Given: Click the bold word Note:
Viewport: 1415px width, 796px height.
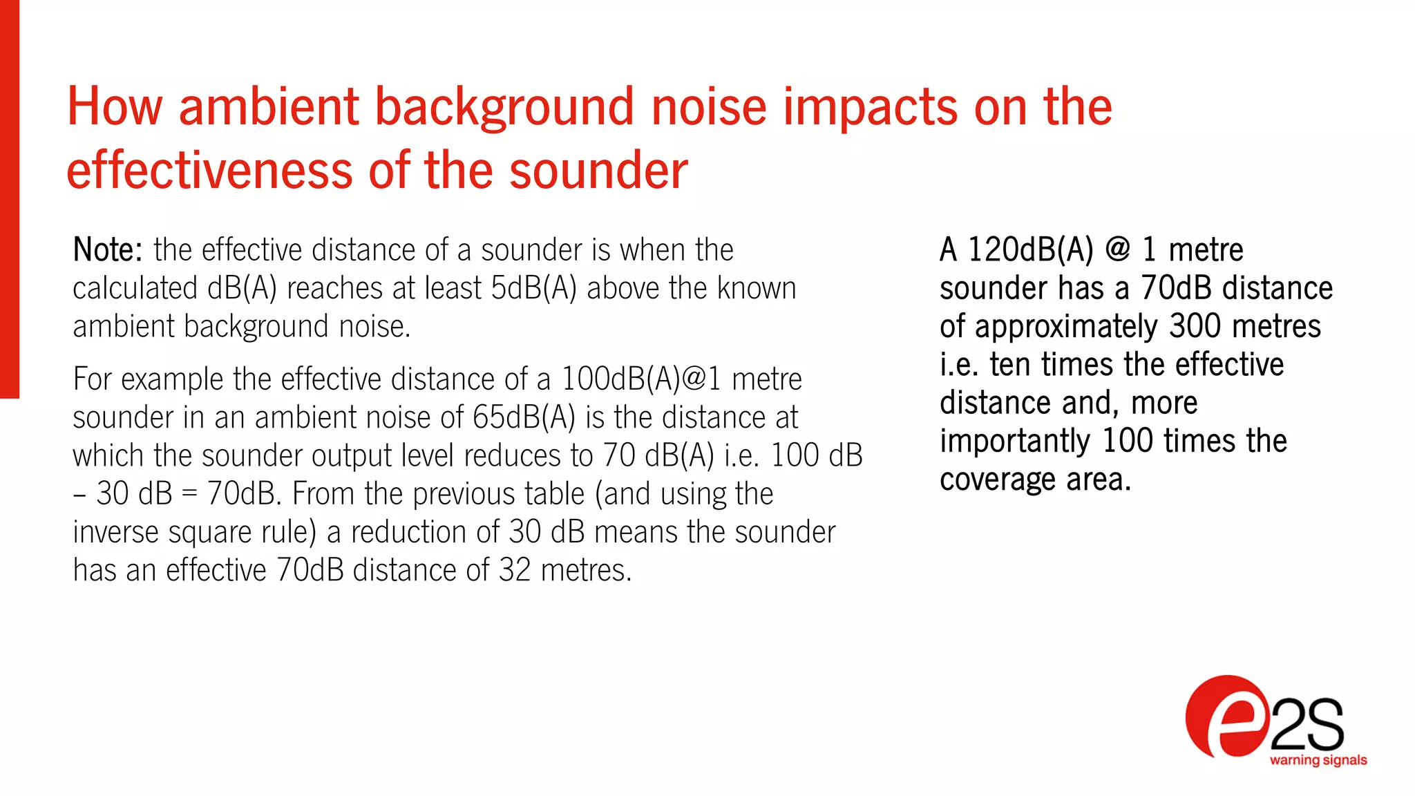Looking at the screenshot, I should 107,250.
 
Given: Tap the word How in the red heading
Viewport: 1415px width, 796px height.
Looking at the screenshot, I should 115,107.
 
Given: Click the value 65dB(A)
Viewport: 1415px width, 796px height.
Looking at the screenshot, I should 524,417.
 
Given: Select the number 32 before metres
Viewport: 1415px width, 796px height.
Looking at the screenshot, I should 515,571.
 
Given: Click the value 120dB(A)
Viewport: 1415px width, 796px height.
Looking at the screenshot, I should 1030,250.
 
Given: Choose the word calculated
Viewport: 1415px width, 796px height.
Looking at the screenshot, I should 135,288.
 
